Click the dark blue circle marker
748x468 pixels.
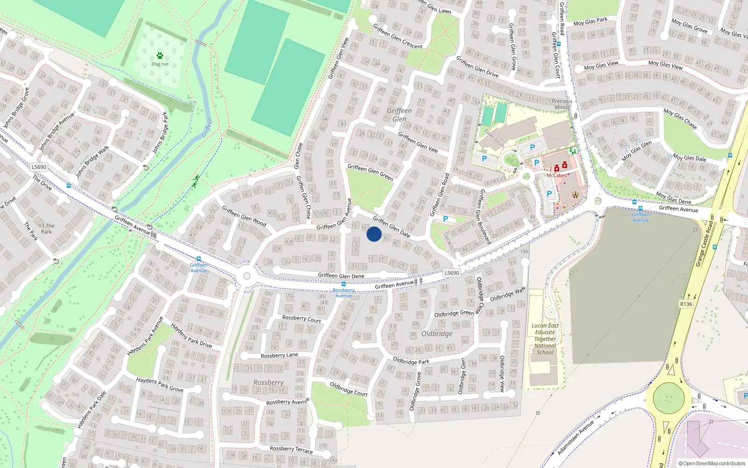pos(374,234)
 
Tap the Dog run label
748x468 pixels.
pos(160,64)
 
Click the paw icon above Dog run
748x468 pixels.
pos(160,56)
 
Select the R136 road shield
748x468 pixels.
pos(686,304)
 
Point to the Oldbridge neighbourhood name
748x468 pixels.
pos(437,334)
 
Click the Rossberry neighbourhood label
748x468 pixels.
pos(268,382)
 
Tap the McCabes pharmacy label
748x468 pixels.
pos(556,175)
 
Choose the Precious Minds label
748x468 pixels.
pos(561,104)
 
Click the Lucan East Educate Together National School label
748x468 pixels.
pos(545,339)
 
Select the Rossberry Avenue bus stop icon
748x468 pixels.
pos(344,284)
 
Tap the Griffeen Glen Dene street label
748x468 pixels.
pos(341,276)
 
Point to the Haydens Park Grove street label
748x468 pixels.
pos(159,385)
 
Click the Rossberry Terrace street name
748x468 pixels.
pos(291,449)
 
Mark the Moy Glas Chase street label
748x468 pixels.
pos(680,119)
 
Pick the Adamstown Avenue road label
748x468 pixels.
pos(575,437)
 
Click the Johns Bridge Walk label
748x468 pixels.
pos(93,161)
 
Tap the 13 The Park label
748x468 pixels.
pos(46,228)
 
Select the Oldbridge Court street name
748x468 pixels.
pos(348,389)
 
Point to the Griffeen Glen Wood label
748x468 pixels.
pos(244,216)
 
